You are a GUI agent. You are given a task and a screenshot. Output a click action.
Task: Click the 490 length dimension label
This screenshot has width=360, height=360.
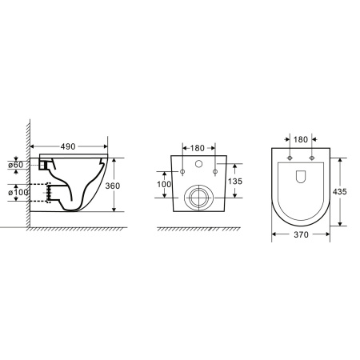coord(68,146)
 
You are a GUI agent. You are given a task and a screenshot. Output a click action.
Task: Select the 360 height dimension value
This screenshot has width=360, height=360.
coord(113,186)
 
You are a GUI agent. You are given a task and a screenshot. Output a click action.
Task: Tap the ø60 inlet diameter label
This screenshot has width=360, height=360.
coord(16,165)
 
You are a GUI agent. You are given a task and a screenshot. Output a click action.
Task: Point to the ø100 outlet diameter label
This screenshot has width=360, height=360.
coord(18,192)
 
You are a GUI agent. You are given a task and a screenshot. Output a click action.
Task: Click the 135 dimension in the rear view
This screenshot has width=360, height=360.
coord(235,182)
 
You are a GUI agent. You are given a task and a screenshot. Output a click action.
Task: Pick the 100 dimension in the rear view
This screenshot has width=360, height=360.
coord(164,184)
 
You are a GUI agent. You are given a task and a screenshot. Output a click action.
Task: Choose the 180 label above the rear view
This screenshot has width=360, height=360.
coord(198,148)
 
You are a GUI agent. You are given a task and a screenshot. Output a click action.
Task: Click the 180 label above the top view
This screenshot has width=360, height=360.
coord(301,139)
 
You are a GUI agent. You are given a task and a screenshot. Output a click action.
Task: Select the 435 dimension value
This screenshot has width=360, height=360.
coord(339,191)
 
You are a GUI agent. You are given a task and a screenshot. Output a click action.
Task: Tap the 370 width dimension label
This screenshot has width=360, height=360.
coord(301,234)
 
